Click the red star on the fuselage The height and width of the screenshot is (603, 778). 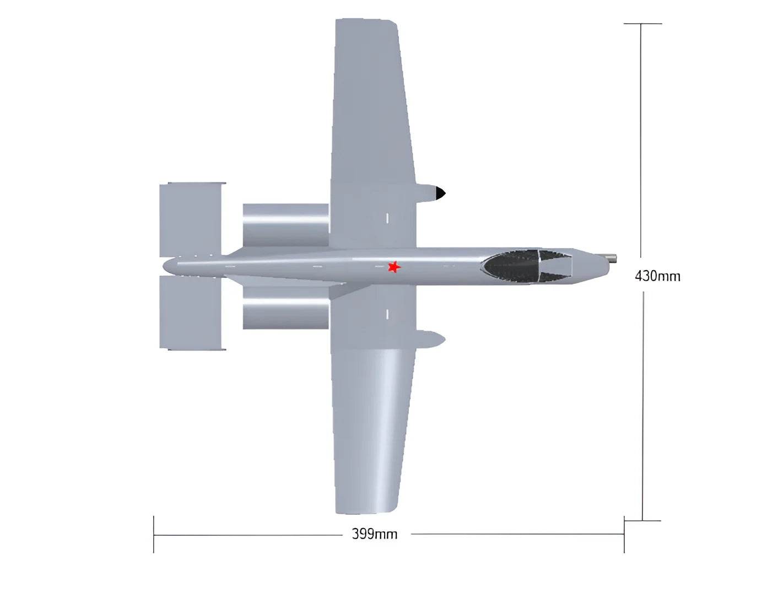click(393, 267)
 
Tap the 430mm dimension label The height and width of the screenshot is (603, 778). click(657, 276)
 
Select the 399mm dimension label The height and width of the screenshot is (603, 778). click(375, 534)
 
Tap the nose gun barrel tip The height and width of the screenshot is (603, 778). click(613, 258)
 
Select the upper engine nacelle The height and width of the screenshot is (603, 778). click(285, 226)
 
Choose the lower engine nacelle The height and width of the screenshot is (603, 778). click(285, 308)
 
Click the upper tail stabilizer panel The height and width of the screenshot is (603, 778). click(191, 219)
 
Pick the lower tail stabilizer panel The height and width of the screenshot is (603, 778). click(191, 312)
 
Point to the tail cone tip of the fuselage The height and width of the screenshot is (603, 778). click(165, 267)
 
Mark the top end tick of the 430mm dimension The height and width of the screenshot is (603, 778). click(642, 24)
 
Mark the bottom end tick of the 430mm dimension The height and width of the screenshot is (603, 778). click(642, 520)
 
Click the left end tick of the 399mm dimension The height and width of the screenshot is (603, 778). click(154, 534)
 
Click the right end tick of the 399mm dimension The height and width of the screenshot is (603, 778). click(624, 534)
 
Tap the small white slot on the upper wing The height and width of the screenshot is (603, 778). click(387, 218)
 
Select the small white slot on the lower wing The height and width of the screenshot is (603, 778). click(387, 314)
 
